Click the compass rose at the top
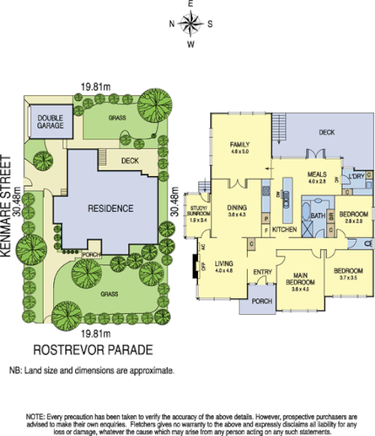coord(191,23)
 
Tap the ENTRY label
coord(262,272)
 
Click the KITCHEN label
coord(284,229)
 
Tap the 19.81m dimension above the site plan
coord(95,86)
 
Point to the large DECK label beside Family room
coord(327,133)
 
